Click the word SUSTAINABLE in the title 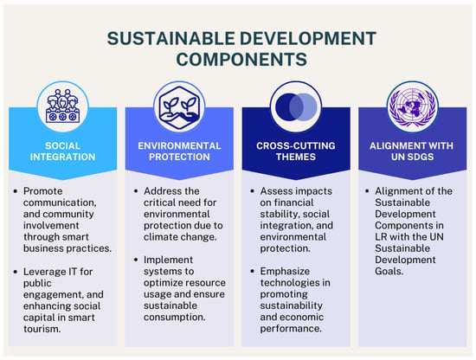point(170,39)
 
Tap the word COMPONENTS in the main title point(241,59)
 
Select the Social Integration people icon point(62,106)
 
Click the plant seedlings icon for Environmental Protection point(179,106)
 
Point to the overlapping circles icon point(296,106)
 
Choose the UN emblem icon point(412,106)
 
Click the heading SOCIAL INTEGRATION point(62,151)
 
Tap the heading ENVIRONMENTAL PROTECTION point(179,151)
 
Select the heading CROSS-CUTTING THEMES point(296,151)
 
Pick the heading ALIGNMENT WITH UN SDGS point(411,151)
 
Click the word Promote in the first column point(42,191)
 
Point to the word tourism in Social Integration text point(41,329)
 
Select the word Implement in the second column point(168,260)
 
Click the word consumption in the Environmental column point(173,318)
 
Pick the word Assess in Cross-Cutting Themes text point(276,191)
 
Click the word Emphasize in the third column point(285,271)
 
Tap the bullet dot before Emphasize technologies point(252,271)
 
